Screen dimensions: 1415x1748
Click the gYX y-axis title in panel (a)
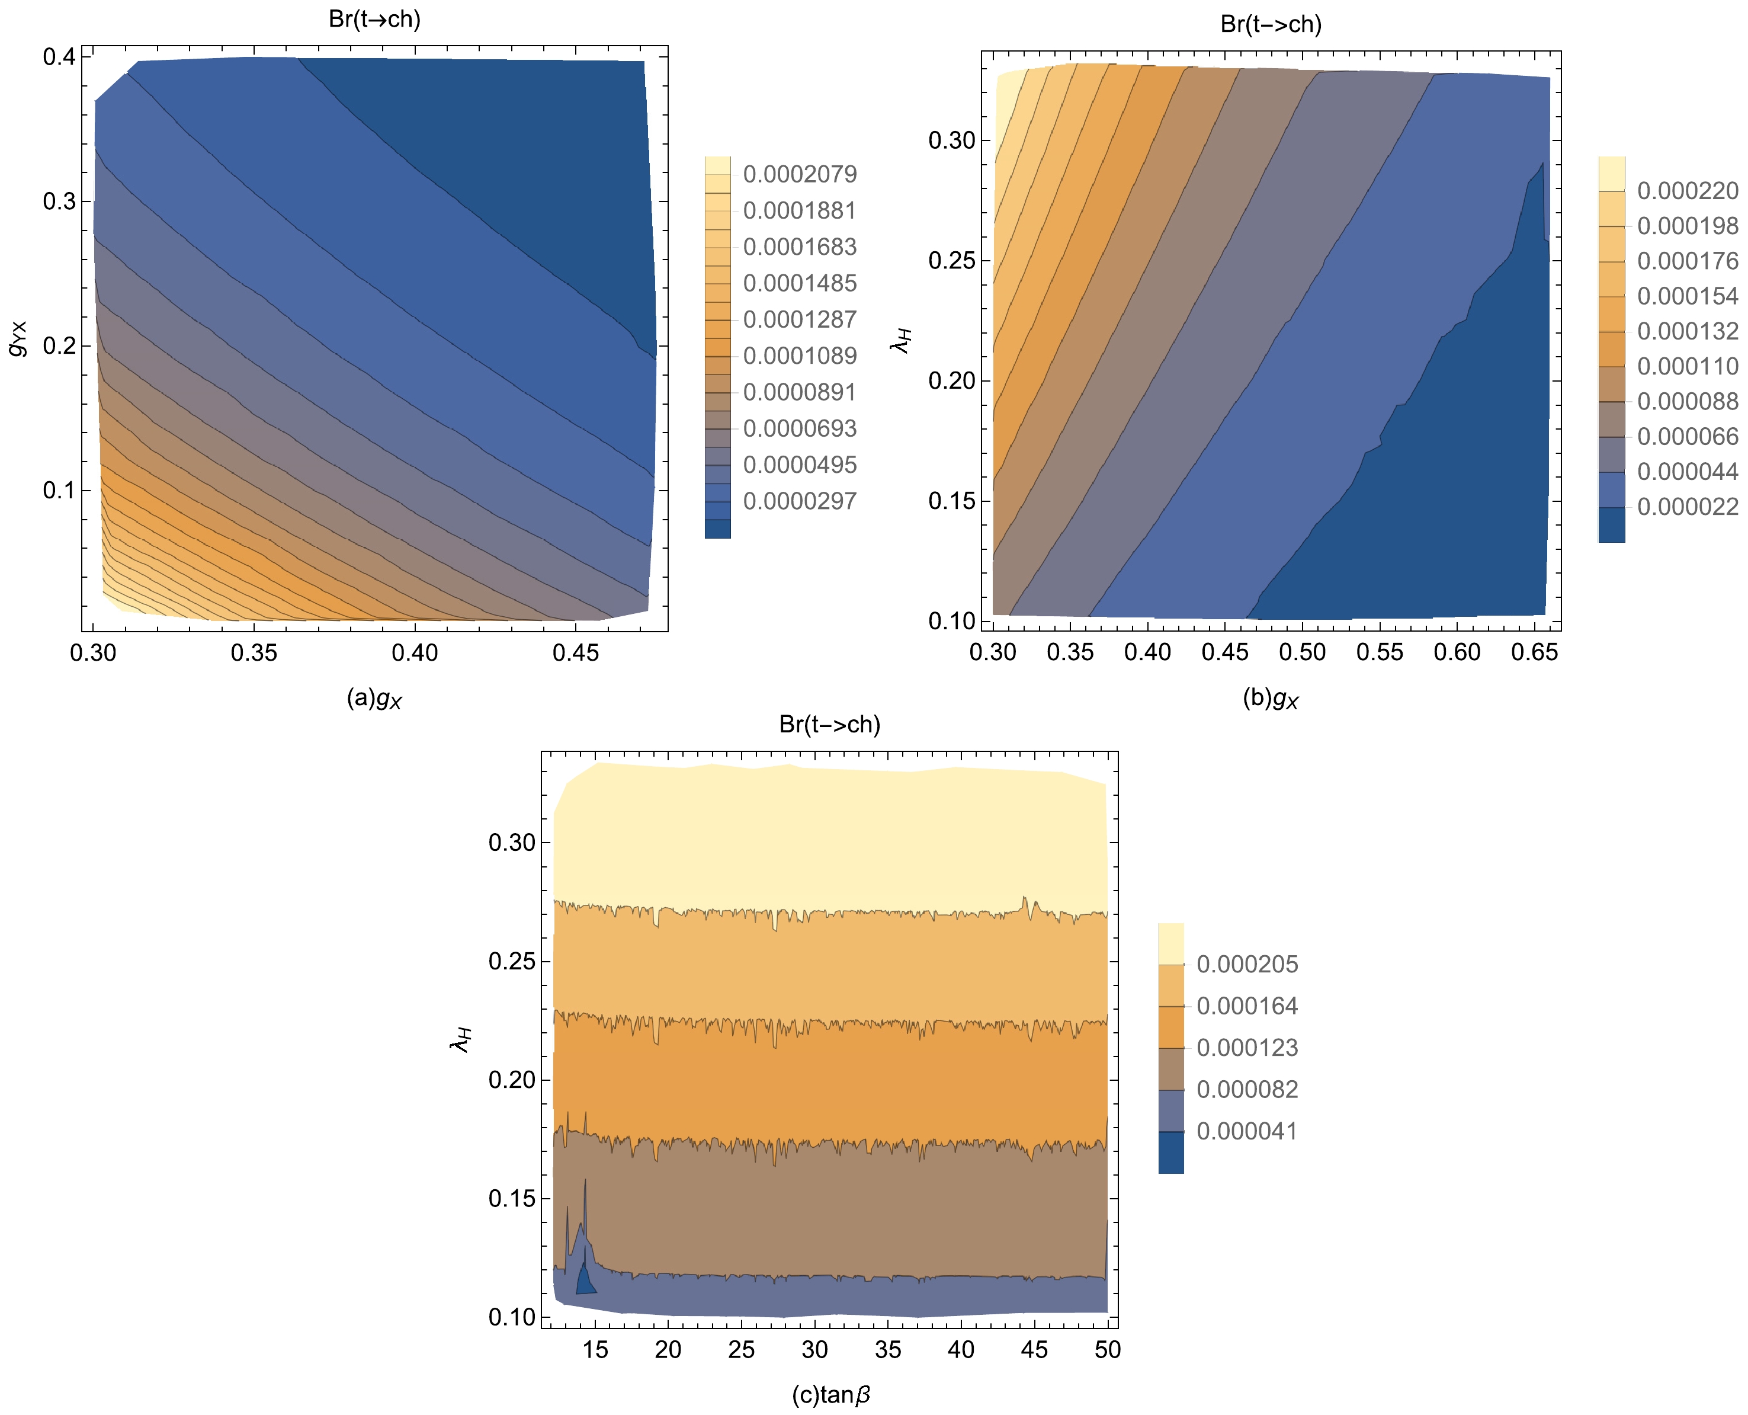tap(18, 338)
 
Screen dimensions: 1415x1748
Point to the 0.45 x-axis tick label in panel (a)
tap(575, 653)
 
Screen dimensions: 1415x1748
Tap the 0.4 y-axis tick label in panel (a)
tap(59, 56)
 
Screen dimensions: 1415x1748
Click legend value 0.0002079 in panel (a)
tap(800, 174)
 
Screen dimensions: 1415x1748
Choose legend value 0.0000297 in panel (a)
tap(800, 501)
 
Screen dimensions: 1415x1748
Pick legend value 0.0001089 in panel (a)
tap(800, 356)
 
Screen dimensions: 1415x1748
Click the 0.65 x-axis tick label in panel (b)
tap(1535, 652)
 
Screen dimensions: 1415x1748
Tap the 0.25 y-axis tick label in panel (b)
tap(951, 261)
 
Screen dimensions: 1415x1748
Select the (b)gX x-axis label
tap(1269, 699)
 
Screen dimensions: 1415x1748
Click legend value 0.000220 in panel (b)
tap(1688, 191)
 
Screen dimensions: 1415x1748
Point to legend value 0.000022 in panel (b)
tap(1688, 507)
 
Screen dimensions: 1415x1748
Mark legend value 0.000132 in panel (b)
tap(1688, 331)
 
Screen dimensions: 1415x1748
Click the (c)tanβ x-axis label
tap(830, 1395)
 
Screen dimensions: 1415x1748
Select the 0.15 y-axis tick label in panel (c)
tap(512, 1198)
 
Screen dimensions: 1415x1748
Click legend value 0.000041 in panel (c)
tap(1247, 1131)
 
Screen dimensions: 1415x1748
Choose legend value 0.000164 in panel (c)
tap(1247, 1006)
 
